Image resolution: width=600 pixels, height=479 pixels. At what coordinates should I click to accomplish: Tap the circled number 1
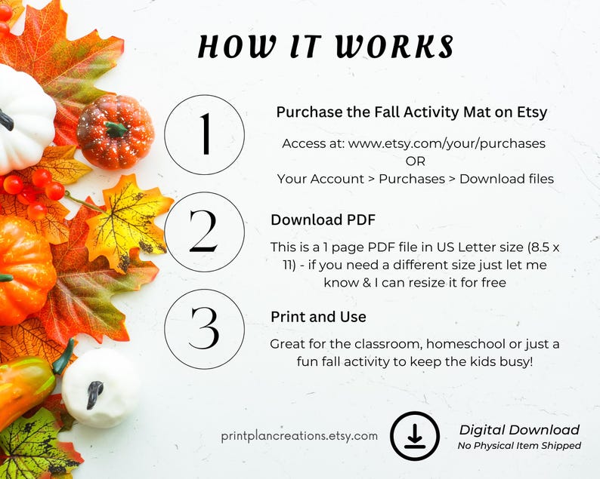click(204, 135)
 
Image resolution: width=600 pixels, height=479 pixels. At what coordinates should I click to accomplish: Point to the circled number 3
click(204, 329)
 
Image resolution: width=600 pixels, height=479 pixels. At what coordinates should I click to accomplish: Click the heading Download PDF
click(323, 220)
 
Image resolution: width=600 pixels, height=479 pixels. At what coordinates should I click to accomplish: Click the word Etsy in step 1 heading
click(531, 112)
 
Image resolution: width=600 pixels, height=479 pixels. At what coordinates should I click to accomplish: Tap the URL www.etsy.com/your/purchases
click(447, 143)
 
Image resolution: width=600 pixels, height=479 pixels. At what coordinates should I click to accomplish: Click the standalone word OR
click(415, 161)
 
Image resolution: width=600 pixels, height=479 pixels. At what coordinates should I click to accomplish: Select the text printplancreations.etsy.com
click(299, 435)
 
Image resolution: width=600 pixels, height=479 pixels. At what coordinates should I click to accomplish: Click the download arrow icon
click(415, 436)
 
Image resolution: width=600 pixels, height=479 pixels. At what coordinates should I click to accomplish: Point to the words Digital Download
click(519, 430)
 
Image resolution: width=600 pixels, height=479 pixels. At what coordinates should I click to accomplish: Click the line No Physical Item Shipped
click(519, 446)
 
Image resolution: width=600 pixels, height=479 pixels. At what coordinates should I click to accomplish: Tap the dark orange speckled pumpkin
click(115, 131)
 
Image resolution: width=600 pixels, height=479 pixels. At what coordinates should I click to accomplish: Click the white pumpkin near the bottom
click(101, 387)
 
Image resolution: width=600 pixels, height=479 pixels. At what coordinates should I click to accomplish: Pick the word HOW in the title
click(230, 47)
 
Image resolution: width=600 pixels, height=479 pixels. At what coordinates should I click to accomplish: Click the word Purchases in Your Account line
click(411, 179)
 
